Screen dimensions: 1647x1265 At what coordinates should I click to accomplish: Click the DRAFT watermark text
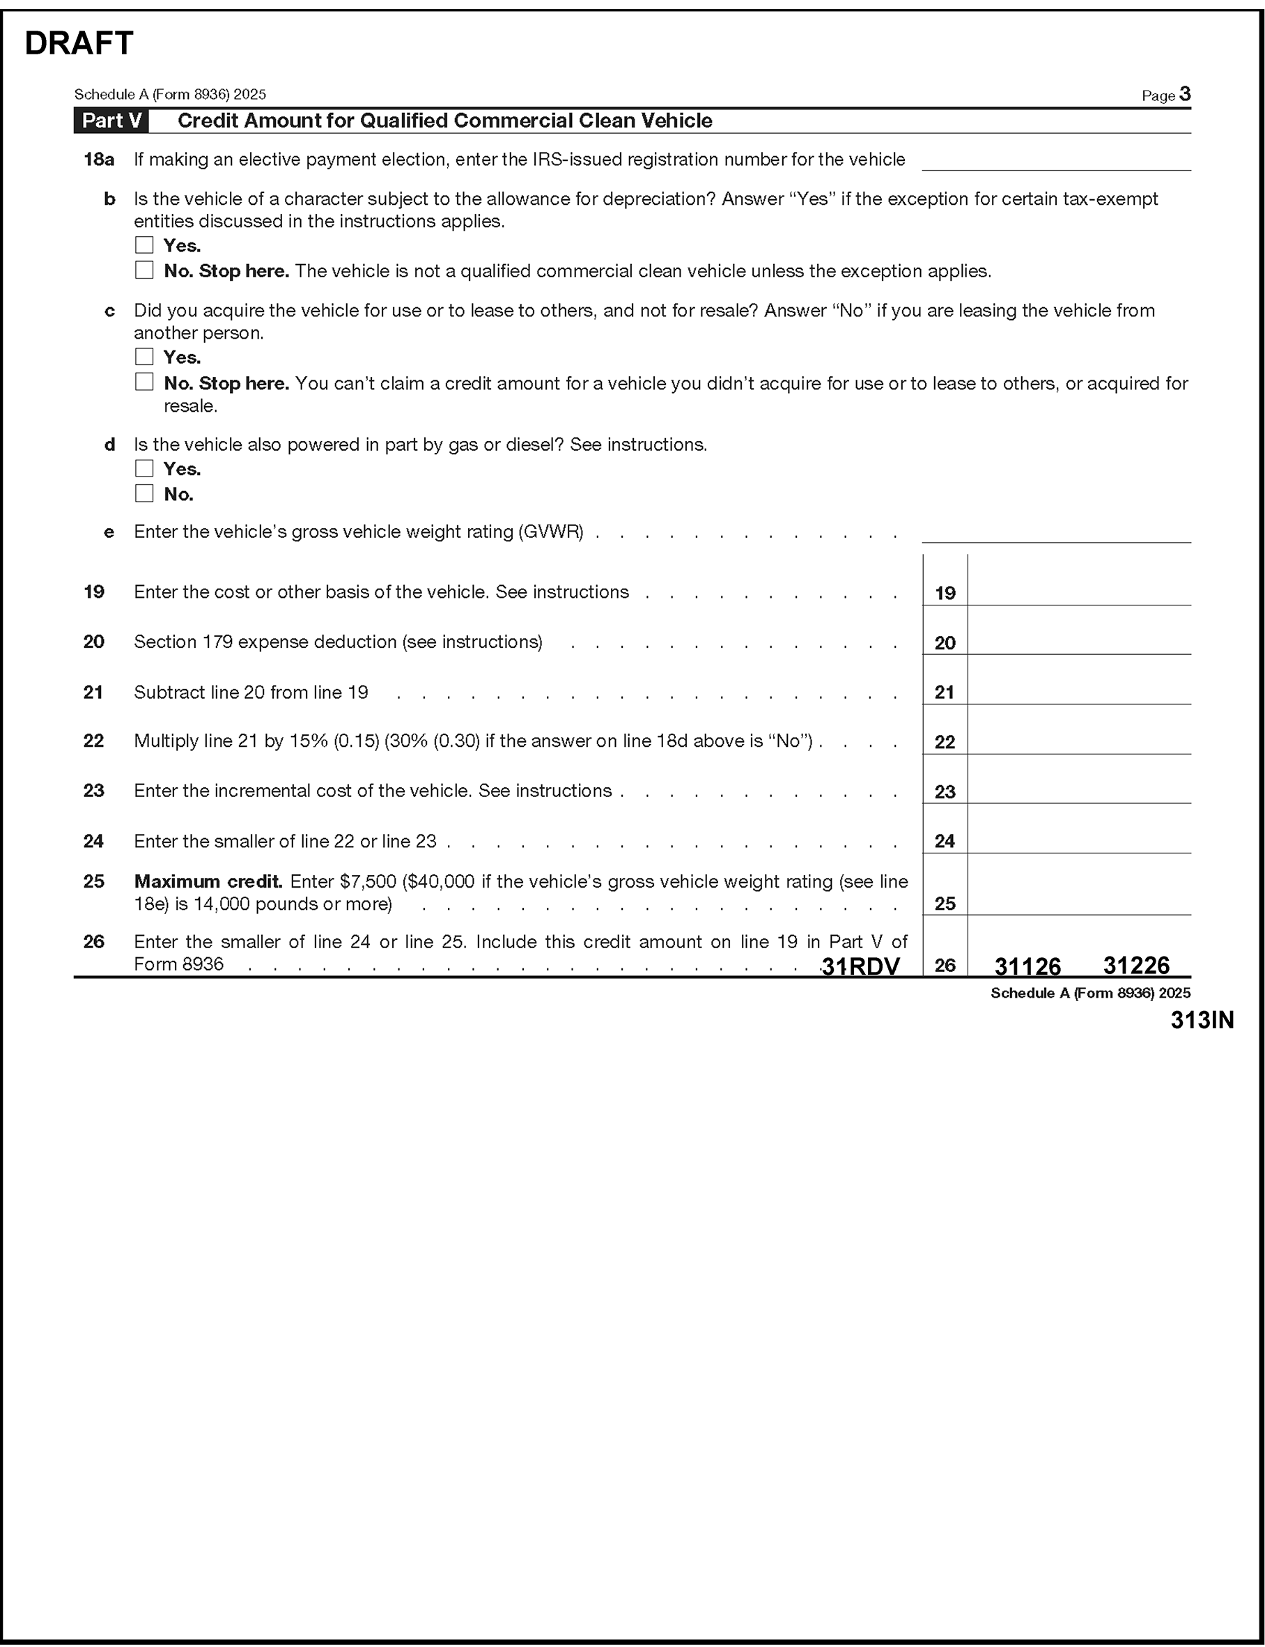click(x=79, y=44)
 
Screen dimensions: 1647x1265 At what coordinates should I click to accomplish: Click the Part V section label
click(x=111, y=121)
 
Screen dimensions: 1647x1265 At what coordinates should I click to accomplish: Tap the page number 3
click(x=1184, y=94)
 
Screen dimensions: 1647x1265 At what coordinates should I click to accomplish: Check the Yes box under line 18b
click(x=143, y=245)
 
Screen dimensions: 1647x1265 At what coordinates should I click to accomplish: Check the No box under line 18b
click(x=143, y=270)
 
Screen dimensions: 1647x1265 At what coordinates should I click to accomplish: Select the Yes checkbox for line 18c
click(x=143, y=356)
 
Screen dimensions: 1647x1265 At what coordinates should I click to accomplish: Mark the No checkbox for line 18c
click(x=143, y=382)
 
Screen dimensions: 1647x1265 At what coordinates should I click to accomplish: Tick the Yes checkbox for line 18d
click(x=143, y=467)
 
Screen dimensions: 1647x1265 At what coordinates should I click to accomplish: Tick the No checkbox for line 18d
click(x=143, y=493)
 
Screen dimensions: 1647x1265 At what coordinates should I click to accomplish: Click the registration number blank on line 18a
click(x=1055, y=161)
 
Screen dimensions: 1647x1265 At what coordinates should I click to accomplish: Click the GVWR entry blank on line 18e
click(x=1055, y=532)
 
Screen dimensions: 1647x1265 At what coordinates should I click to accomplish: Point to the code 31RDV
click(x=861, y=966)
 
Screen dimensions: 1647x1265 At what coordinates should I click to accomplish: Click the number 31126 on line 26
click(x=1027, y=966)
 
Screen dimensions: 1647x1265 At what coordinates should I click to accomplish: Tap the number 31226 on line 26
click(x=1135, y=966)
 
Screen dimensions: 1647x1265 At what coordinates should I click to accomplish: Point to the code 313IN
click(x=1202, y=1020)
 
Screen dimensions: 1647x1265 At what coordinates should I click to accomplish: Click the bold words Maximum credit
click(x=208, y=881)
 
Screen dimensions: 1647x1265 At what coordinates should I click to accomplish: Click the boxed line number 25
click(x=945, y=903)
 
